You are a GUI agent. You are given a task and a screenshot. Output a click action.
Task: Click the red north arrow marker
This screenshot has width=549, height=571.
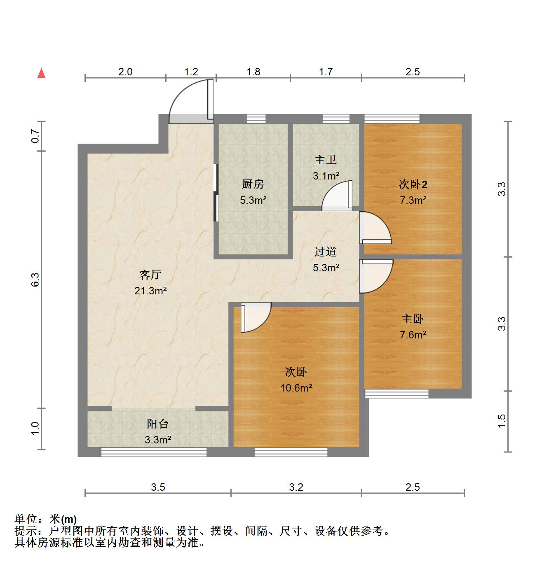[41, 73]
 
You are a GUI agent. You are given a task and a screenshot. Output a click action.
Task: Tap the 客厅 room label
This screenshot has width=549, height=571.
[150, 275]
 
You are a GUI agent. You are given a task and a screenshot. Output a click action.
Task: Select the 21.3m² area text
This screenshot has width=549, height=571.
[150, 291]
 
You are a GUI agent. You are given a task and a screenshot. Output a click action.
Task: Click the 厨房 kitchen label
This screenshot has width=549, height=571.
[253, 184]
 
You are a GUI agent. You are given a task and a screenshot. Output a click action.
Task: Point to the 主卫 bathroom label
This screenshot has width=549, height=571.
[326, 160]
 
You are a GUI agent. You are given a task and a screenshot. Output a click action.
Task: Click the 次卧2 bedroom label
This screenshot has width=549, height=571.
[413, 184]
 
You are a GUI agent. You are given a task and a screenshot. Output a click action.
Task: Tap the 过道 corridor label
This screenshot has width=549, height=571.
[326, 251]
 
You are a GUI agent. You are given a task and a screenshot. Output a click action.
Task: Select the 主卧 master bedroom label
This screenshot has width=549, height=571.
[413, 319]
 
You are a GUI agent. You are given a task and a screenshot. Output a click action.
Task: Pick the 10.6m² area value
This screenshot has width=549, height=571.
[296, 388]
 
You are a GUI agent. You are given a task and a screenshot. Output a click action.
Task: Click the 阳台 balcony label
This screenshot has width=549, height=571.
[157, 424]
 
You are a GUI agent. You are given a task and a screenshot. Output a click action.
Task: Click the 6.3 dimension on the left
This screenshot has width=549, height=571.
[35, 280]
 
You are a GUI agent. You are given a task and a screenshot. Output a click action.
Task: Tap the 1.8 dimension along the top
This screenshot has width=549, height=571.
[253, 72]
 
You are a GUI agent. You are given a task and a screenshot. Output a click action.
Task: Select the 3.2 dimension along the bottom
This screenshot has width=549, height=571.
[296, 487]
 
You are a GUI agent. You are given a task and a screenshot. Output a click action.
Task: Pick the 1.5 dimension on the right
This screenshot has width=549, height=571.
[501, 421]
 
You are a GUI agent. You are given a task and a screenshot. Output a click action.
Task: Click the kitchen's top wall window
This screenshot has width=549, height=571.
[256, 119]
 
